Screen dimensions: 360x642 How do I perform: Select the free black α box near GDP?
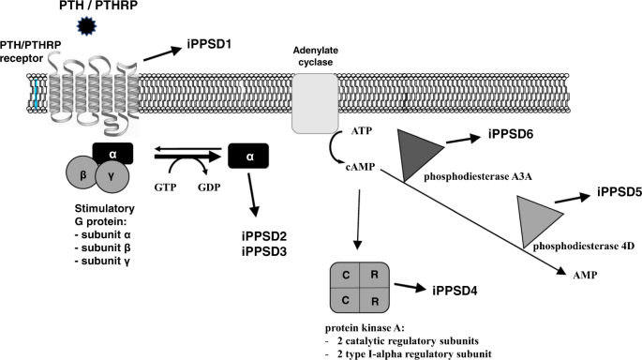click(x=248, y=157)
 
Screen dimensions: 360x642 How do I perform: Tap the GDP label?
click(x=207, y=187)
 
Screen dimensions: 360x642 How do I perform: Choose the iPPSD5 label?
click(x=618, y=194)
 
